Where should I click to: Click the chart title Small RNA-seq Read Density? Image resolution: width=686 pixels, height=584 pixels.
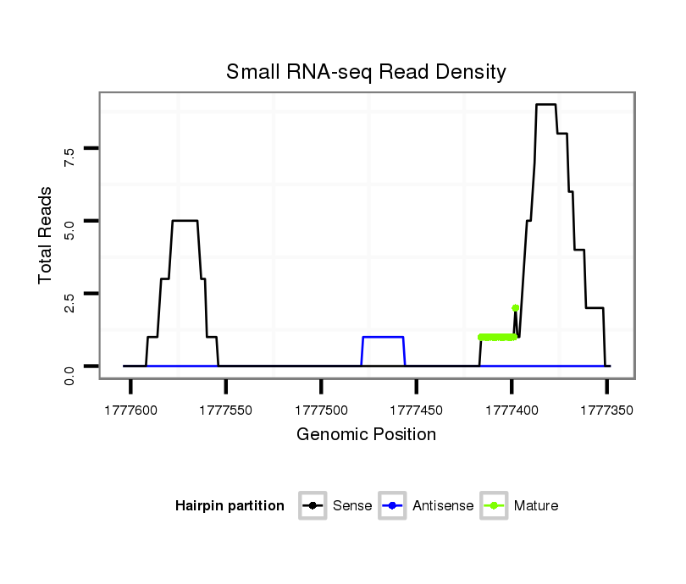click(366, 72)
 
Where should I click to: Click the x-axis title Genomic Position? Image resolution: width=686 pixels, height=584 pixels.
click(366, 435)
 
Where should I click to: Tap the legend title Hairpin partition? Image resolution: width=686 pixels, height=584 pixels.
click(230, 506)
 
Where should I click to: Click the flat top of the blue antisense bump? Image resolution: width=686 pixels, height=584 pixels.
click(383, 337)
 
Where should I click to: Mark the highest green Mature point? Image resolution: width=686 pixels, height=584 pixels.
click(515, 308)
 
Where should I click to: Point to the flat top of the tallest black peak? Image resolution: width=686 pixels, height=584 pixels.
click(545, 104)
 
